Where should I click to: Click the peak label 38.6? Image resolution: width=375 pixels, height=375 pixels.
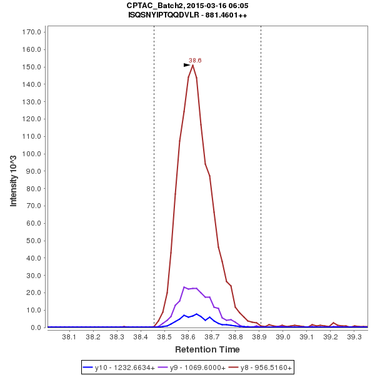195,61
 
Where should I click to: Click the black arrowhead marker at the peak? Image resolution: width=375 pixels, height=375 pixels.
187,64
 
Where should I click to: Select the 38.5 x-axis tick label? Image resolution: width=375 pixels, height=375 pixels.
164,337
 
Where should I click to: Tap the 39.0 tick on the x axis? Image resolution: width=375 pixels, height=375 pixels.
284,337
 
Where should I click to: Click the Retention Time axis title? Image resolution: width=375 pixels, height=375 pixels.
207,349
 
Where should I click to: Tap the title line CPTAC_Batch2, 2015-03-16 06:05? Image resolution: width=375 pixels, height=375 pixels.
187,6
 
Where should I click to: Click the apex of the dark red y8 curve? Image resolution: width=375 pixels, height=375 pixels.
192,65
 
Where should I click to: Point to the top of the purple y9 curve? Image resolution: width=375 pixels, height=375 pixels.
184,287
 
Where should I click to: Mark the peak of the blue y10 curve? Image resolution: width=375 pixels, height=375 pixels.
196,314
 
